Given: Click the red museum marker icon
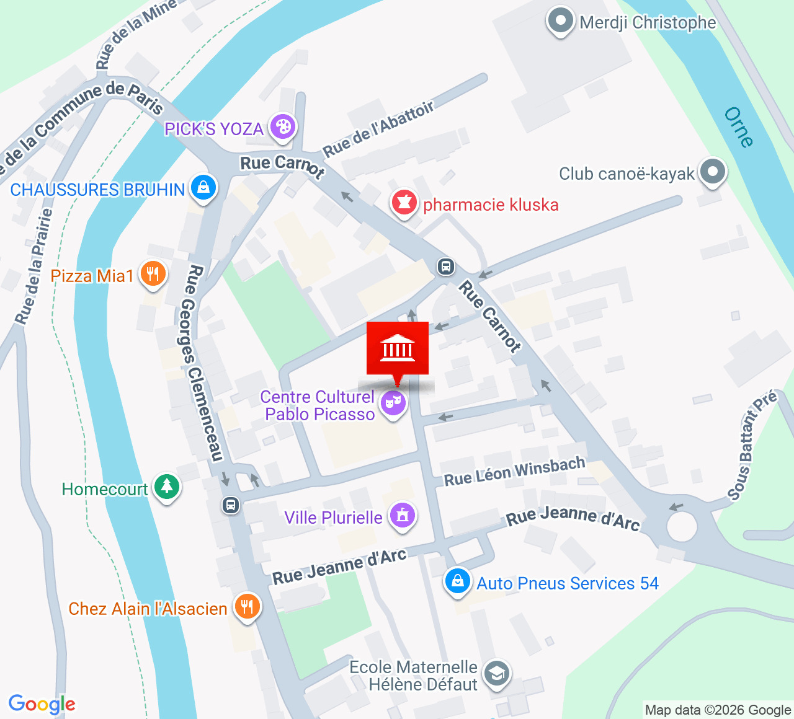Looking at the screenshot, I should [398, 348].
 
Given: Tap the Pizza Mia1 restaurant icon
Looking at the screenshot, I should [153, 274].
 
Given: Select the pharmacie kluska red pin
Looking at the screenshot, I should [404, 203].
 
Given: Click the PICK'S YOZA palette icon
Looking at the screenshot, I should [283, 127].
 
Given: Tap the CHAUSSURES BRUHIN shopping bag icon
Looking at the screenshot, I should [203, 188].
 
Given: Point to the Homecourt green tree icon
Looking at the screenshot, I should [166, 487].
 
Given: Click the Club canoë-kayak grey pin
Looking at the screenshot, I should [712, 172].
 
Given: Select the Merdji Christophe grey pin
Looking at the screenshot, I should [561, 21].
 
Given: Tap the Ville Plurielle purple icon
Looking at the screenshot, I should [403, 515].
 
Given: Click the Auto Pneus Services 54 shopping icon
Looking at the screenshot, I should [458, 581].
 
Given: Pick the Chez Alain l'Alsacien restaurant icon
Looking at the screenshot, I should [247, 607].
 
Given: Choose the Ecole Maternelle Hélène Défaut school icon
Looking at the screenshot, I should [497, 674].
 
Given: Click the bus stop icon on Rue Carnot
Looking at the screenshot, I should [445, 267].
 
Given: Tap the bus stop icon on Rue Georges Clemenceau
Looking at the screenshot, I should [231, 505].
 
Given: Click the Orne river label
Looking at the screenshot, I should [738, 127].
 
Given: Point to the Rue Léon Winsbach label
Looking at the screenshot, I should [514, 472].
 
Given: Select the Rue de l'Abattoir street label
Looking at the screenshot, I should [378, 129].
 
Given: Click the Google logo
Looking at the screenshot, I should [42, 704].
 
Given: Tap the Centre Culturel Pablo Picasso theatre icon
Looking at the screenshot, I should [393, 403].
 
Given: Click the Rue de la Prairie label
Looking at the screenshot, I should [33, 267].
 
